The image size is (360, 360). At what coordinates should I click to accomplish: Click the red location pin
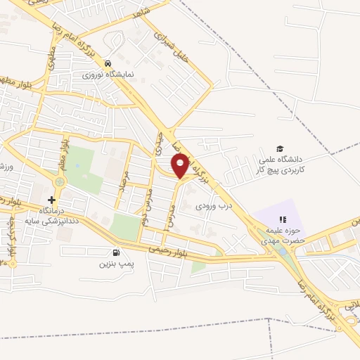(x=181, y=166)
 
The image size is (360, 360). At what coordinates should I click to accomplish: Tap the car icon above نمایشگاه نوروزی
(x=108, y=62)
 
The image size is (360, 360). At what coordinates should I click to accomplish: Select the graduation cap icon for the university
(x=280, y=148)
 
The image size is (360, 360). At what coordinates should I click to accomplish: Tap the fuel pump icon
(x=115, y=253)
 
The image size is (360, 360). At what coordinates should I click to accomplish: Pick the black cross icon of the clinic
(x=51, y=200)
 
